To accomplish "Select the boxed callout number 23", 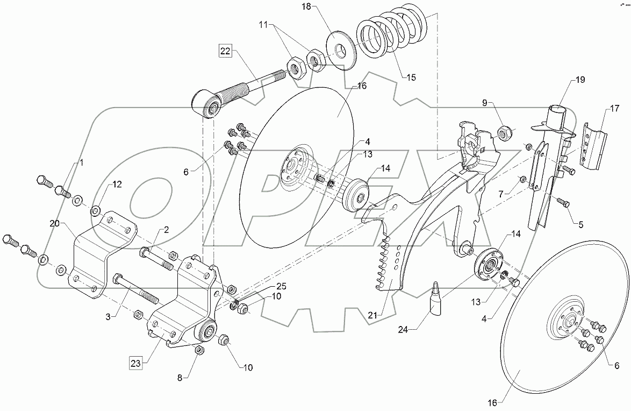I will (136, 362).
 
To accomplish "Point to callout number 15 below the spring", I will (411, 77).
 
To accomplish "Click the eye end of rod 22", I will (207, 104).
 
